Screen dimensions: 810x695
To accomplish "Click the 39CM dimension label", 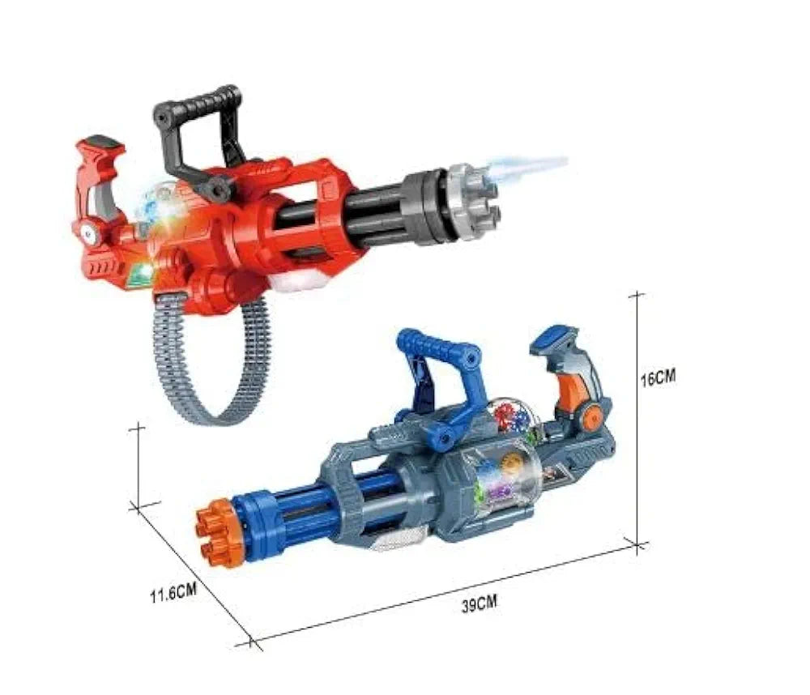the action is pos(479,603).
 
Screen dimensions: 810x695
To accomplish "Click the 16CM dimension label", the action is pos(658,377).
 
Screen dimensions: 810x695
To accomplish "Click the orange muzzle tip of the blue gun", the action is pos(218,531).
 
